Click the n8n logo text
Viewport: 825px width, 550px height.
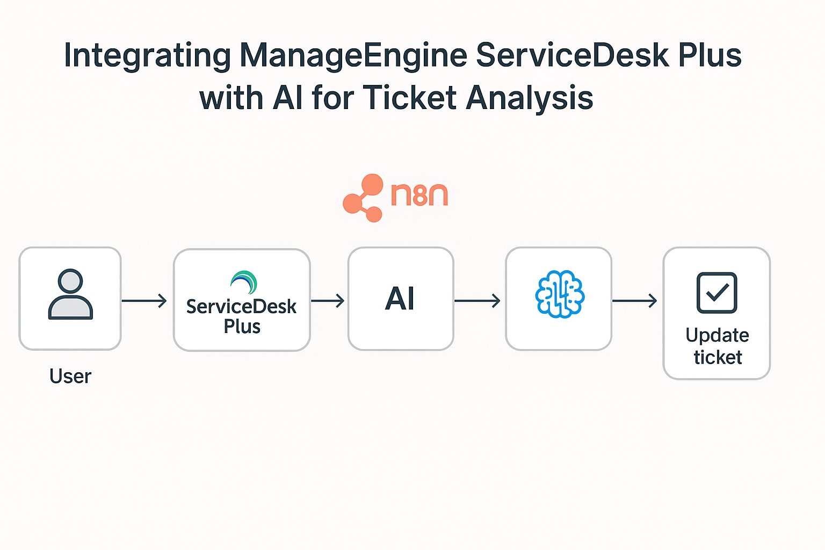419,194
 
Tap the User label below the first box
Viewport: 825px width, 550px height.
70,376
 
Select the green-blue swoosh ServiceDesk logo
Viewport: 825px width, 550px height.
243,282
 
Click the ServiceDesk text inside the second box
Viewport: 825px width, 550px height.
241,307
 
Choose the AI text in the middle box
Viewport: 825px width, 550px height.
400,299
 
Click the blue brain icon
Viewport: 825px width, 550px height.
559,294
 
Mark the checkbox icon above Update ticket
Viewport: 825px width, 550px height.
717,293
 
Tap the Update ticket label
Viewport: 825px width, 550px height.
717,346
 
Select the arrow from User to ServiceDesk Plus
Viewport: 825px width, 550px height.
144,301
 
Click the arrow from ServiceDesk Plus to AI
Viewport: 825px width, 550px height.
328,301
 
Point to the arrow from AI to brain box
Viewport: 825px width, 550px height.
477,301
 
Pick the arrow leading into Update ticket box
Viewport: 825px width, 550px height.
635,301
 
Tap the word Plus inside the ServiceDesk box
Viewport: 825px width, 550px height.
242,327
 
